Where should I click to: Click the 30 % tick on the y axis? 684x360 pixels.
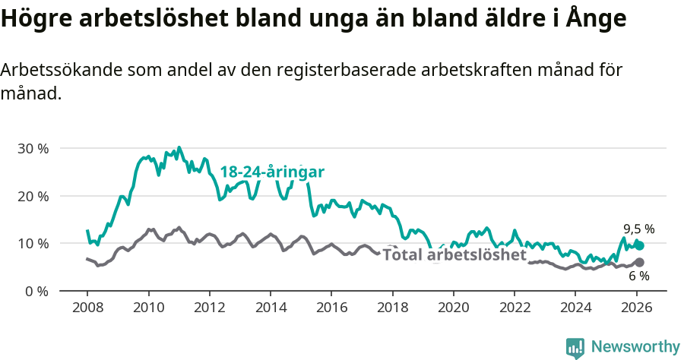click(x=32, y=148)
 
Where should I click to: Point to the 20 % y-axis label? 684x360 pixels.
click(x=32, y=196)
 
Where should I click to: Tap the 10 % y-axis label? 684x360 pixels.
click(x=32, y=244)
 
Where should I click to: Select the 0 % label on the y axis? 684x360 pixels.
click(x=36, y=291)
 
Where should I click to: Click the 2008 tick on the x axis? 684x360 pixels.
click(x=87, y=308)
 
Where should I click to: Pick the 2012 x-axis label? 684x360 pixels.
click(x=209, y=308)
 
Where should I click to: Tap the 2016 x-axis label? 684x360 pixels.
click(x=331, y=308)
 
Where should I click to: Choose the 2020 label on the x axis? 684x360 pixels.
click(x=454, y=308)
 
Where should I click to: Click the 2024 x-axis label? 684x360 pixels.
click(x=575, y=308)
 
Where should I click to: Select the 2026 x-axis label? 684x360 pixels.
click(x=637, y=308)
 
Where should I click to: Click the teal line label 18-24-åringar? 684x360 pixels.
click(x=272, y=172)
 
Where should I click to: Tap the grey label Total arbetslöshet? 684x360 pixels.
click(x=454, y=254)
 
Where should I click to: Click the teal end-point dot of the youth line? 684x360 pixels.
click(x=640, y=245)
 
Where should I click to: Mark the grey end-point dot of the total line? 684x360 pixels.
click(x=639, y=262)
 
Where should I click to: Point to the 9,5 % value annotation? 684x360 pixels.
click(x=638, y=228)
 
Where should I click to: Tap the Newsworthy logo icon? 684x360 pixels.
click(x=575, y=348)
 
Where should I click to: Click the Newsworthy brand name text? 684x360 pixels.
click(x=635, y=347)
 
